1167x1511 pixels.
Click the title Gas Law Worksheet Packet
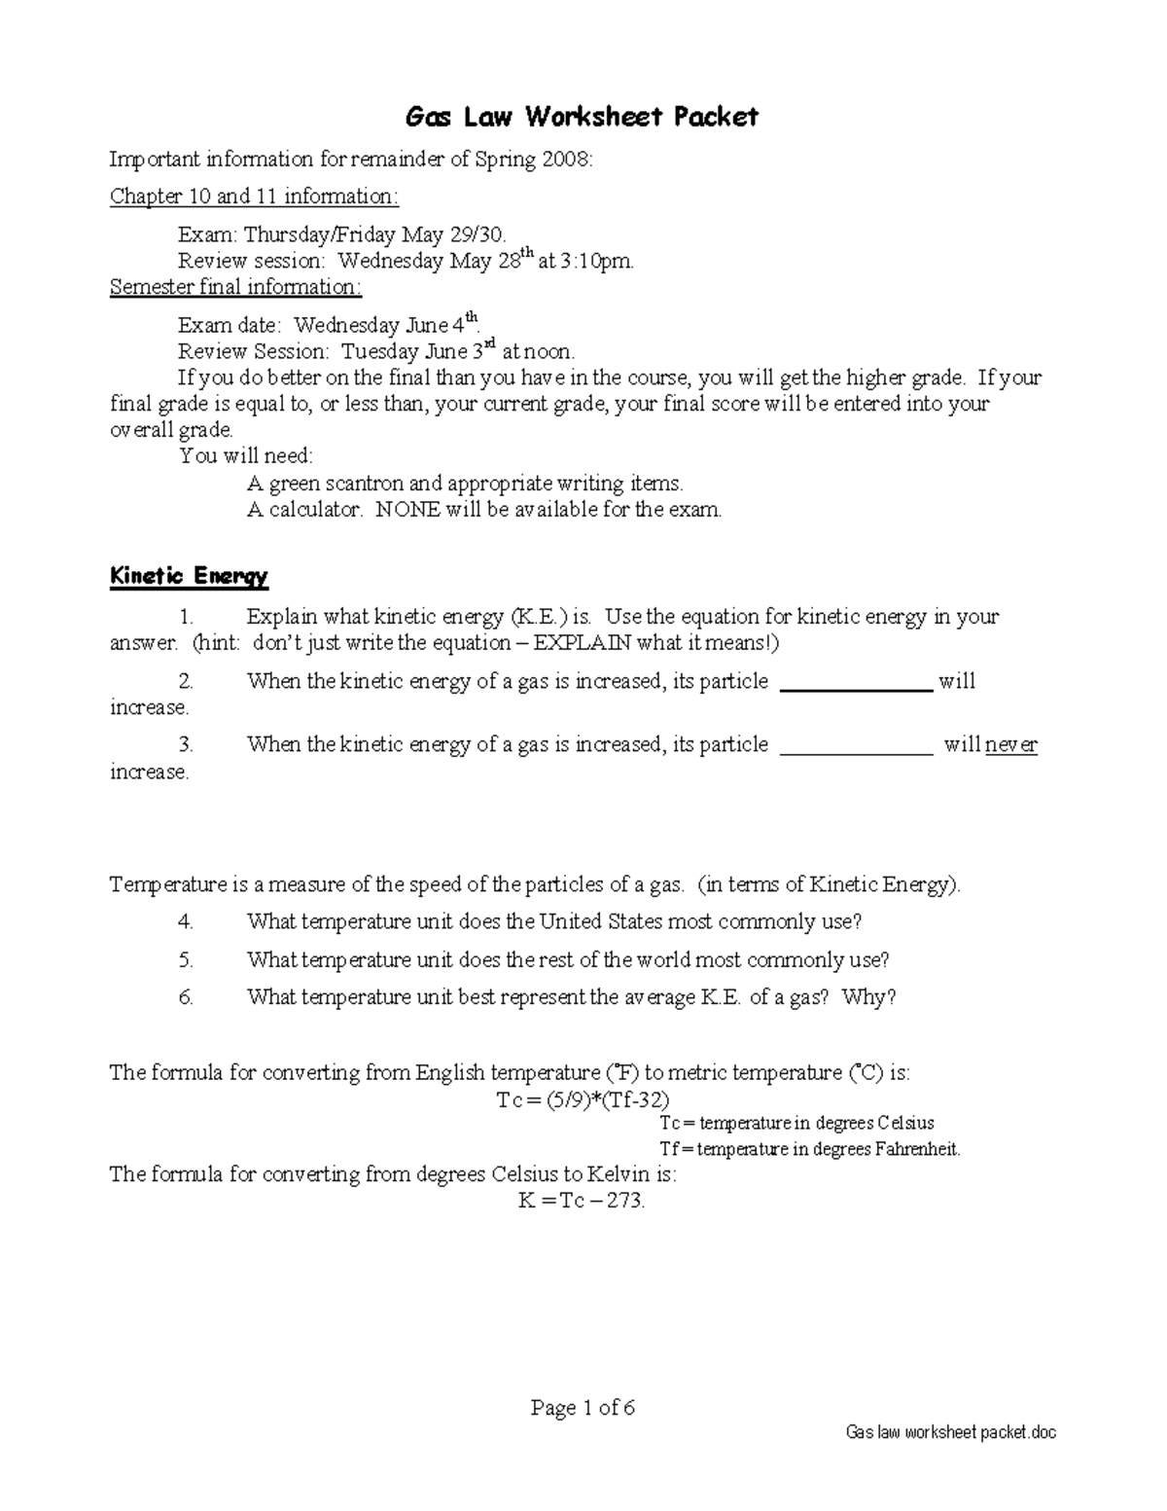[582, 118]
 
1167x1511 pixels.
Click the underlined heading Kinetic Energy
[189, 576]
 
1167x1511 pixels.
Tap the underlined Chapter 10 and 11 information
[254, 197]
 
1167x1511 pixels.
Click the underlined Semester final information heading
[235, 287]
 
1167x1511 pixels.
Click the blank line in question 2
[857, 685]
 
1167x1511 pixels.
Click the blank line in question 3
[857, 748]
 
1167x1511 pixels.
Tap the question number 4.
[187, 921]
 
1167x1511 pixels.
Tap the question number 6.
[187, 997]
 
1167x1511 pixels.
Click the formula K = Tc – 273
[582, 1201]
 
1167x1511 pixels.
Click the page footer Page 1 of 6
[583, 1408]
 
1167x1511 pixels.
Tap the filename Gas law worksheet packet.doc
[950, 1432]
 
